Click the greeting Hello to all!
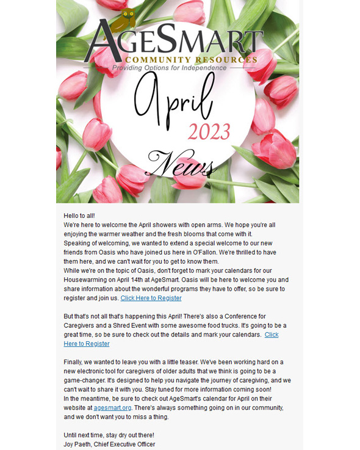click(x=79, y=216)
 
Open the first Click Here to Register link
click(x=151, y=298)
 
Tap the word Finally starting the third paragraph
click(x=74, y=362)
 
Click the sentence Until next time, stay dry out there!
click(x=109, y=435)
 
